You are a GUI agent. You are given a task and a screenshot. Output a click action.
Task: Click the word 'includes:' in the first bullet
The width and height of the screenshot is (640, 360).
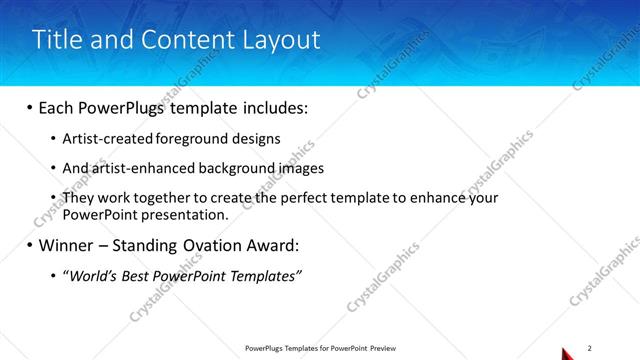tap(274, 108)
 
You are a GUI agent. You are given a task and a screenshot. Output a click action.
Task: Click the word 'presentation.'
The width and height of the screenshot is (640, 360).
tap(190, 214)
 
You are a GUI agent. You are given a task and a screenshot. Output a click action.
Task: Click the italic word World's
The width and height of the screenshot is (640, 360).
tap(94, 275)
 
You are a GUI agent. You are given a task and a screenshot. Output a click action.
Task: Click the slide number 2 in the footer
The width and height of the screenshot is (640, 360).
tap(590, 348)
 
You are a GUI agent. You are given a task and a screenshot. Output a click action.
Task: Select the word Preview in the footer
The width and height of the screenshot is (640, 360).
tap(383, 349)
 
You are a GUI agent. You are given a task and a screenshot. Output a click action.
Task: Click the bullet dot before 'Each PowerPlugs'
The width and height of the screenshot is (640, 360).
tap(29, 108)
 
